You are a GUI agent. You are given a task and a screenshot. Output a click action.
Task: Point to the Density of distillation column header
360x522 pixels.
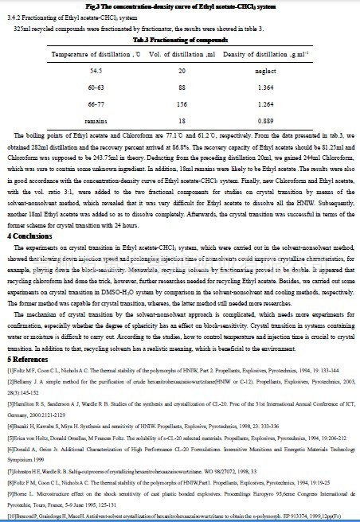pyautogui.click(x=282, y=53)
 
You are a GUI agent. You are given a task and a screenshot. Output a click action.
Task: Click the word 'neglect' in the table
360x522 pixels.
pyautogui.click(x=282, y=70)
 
